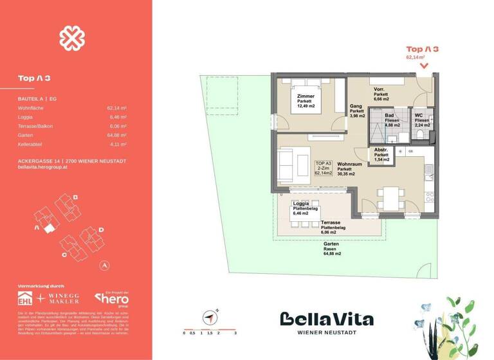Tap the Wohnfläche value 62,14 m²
116,109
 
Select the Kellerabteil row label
30,145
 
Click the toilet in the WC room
420,132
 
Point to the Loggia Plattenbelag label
297,208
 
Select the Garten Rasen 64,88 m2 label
332,249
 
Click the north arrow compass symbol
209,317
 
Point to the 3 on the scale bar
236,333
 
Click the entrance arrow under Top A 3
423,65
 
